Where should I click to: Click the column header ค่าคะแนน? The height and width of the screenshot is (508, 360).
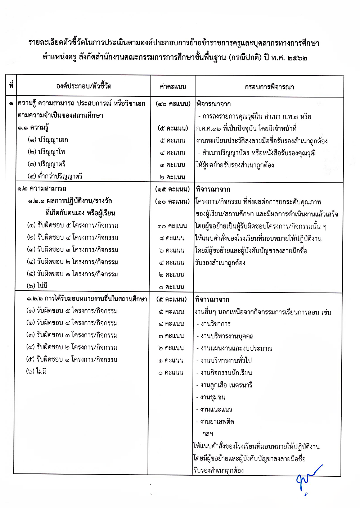pos(173,87)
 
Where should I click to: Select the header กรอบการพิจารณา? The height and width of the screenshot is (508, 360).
pos(269,87)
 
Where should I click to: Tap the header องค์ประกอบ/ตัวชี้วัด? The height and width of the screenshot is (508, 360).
pos(84,86)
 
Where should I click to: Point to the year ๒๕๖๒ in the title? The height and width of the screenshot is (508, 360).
pos(297,58)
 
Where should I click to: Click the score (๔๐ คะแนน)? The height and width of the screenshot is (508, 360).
pos(173,104)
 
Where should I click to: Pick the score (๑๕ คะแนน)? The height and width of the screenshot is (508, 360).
pos(172,189)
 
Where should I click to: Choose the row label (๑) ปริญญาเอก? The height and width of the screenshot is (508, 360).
pos(48,140)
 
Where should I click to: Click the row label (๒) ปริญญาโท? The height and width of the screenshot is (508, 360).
pos(46,152)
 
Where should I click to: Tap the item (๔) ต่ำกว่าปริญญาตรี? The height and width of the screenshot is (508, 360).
pos(55,176)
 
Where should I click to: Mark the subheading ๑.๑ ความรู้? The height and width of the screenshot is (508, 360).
pos(33,128)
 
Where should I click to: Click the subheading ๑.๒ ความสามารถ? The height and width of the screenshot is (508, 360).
pos(42,189)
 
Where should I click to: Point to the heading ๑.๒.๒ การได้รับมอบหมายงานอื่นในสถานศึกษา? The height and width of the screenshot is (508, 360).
pos(87,299)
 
